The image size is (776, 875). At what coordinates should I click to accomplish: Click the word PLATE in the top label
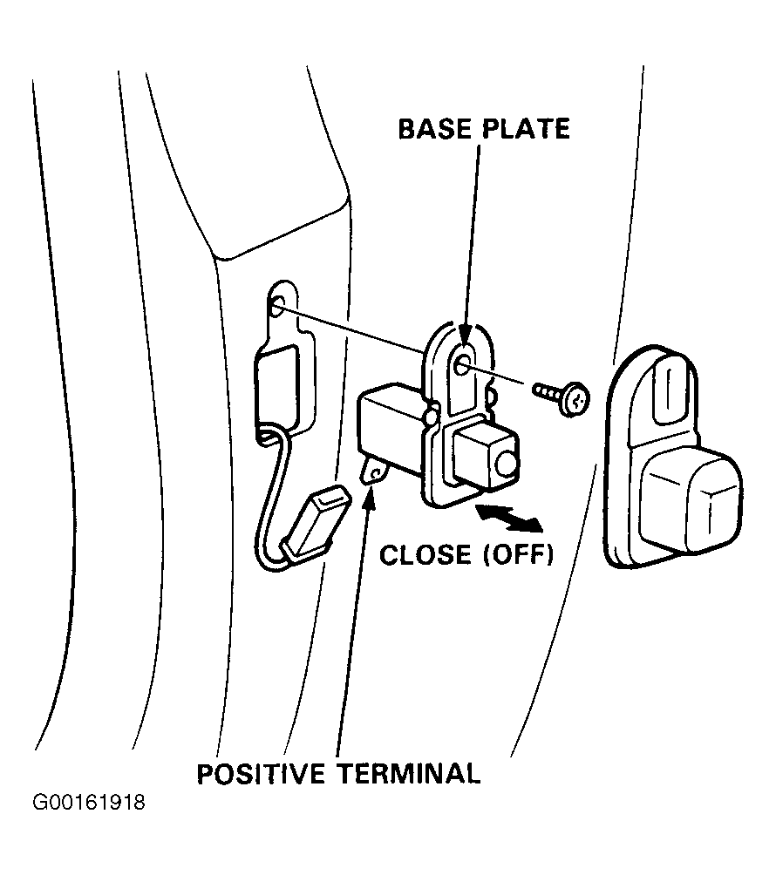click(x=526, y=129)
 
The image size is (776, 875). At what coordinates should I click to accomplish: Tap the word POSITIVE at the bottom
click(x=261, y=774)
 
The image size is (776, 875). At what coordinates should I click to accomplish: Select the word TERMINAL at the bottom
click(x=409, y=774)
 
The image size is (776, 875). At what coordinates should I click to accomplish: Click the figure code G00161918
click(x=89, y=803)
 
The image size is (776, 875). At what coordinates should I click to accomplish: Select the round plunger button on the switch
click(x=507, y=463)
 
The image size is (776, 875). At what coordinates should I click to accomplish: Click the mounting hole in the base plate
click(x=462, y=367)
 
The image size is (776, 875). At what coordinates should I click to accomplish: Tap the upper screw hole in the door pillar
click(x=277, y=305)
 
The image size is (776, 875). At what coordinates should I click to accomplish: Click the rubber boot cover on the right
click(x=673, y=458)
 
